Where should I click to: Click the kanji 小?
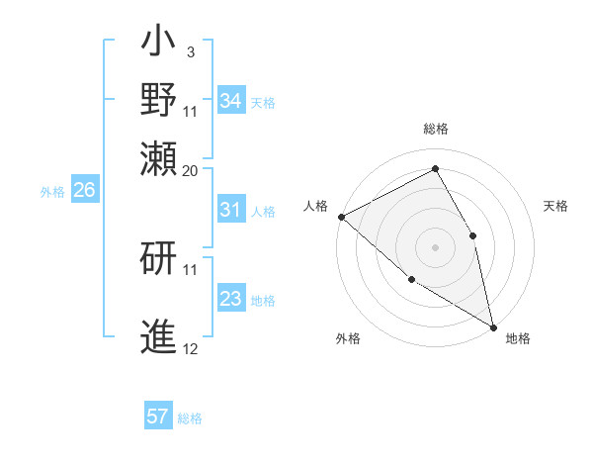click(x=159, y=44)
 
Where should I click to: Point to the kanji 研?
click(x=159, y=260)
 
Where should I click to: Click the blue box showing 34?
click(x=230, y=101)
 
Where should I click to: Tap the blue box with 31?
click(x=230, y=210)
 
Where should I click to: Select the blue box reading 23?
click(x=230, y=299)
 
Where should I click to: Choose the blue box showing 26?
click(x=84, y=191)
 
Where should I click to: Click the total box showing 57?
click(x=158, y=417)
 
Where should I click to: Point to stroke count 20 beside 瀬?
click(x=190, y=170)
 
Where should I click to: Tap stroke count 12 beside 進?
click(x=190, y=348)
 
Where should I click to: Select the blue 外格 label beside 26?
click(x=52, y=192)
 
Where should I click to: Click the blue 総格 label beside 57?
click(x=190, y=418)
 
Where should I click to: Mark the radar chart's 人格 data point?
click(x=341, y=217)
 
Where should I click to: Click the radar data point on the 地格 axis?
click(x=493, y=325)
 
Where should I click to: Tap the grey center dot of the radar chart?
click(x=435, y=246)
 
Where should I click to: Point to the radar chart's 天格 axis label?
click(x=555, y=206)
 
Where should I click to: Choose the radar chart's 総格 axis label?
click(x=435, y=129)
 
